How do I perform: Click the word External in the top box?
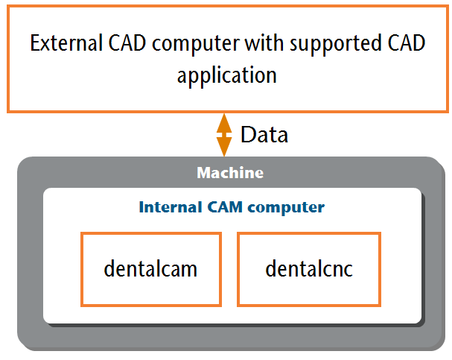pyautogui.click(x=66, y=43)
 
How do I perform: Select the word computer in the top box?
pyautogui.click(x=196, y=45)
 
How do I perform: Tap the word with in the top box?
pyautogui.click(x=264, y=43)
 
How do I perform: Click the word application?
pyautogui.click(x=227, y=75)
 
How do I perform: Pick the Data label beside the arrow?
pyautogui.click(x=264, y=135)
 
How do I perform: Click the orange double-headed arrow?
pyautogui.click(x=224, y=135)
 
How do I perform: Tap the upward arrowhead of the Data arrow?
pyautogui.click(x=224, y=123)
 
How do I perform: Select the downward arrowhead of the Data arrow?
pyautogui.click(x=224, y=147)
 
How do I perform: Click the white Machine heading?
pyautogui.click(x=230, y=173)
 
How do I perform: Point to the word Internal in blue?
pyautogui.click(x=171, y=207)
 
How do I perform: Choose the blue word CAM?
pyautogui.click(x=225, y=207)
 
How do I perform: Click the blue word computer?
pyautogui.click(x=286, y=208)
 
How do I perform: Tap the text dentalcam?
pyautogui.click(x=150, y=268)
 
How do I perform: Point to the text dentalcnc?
pyautogui.click(x=309, y=268)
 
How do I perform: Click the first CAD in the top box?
pyautogui.click(x=127, y=43)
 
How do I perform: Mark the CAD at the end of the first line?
pyautogui.click(x=407, y=43)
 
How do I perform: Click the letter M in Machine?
pyautogui.click(x=204, y=173)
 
